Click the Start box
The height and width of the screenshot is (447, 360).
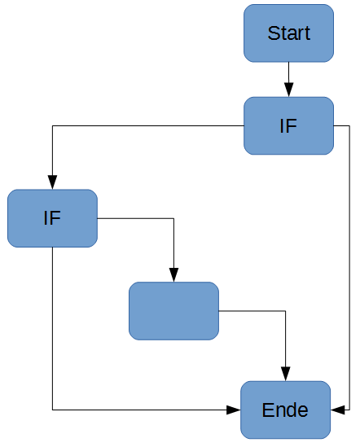click(x=288, y=33)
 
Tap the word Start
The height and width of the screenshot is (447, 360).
click(x=288, y=33)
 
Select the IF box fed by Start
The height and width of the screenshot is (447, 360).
click(x=288, y=126)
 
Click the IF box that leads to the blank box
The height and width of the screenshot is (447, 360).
click(x=52, y=218)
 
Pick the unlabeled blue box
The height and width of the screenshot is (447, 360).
click(x=173, y=311)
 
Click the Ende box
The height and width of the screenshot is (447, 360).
click(x=285, y=410)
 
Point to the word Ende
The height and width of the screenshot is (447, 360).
click(x=285, y=410)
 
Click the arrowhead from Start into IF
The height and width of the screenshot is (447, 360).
click(x=288, y=91)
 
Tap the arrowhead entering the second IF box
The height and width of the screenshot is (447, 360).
click(x=52, y=183)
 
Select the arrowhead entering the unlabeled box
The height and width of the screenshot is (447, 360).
click(x=173, y=276)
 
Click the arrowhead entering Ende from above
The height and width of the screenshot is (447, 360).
click(x=286, y=375)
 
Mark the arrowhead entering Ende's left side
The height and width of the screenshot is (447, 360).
click(x=235, y=410)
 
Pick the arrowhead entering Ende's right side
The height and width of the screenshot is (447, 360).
click(x=336, y=410)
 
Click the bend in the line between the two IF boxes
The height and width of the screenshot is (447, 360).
click(x=52, y=126)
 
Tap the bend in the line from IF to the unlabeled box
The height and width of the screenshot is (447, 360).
click(x=173, y=218)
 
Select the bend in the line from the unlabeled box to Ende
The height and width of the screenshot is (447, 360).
click(x=286, y=311)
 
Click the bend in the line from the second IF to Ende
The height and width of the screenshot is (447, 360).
click(x=52, y=410)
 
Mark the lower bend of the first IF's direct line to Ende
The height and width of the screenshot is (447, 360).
click(x=349, y=410)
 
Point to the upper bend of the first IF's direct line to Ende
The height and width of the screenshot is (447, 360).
click(x=349, y=126)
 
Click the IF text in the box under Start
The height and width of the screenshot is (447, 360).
click(x=288, y=126)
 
